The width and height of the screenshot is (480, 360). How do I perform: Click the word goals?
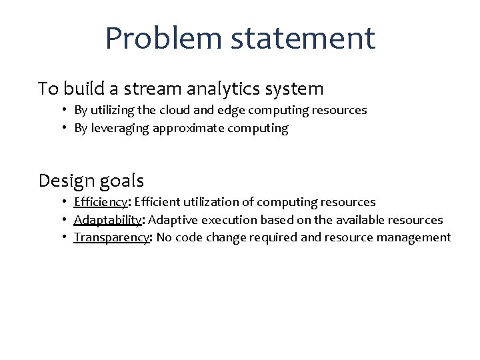[x=122, y=181]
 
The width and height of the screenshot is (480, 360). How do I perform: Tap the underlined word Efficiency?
[x=100, y=202]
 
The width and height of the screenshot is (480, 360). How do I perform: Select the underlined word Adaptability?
[x=107, y=220]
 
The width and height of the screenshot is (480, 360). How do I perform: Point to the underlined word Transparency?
[x=111, y=238]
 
